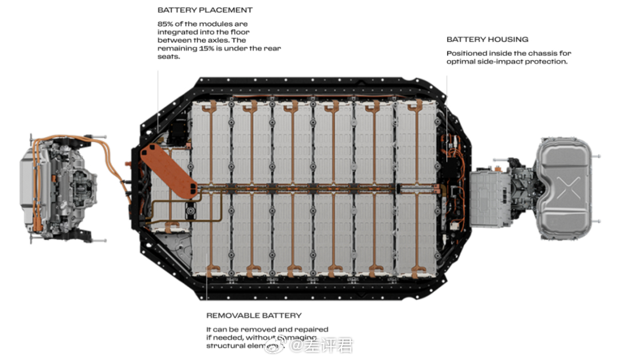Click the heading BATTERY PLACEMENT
pyautogui.click(x=205, y=10)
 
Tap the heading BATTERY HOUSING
pyautogui.click(x=487, y=40)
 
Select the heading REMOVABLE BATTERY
pyautogui.click(x=253, y=315)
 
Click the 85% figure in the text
pyautogui.click(x=166, y=24)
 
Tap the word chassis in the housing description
pyautogui.click(x=540, y=53)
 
